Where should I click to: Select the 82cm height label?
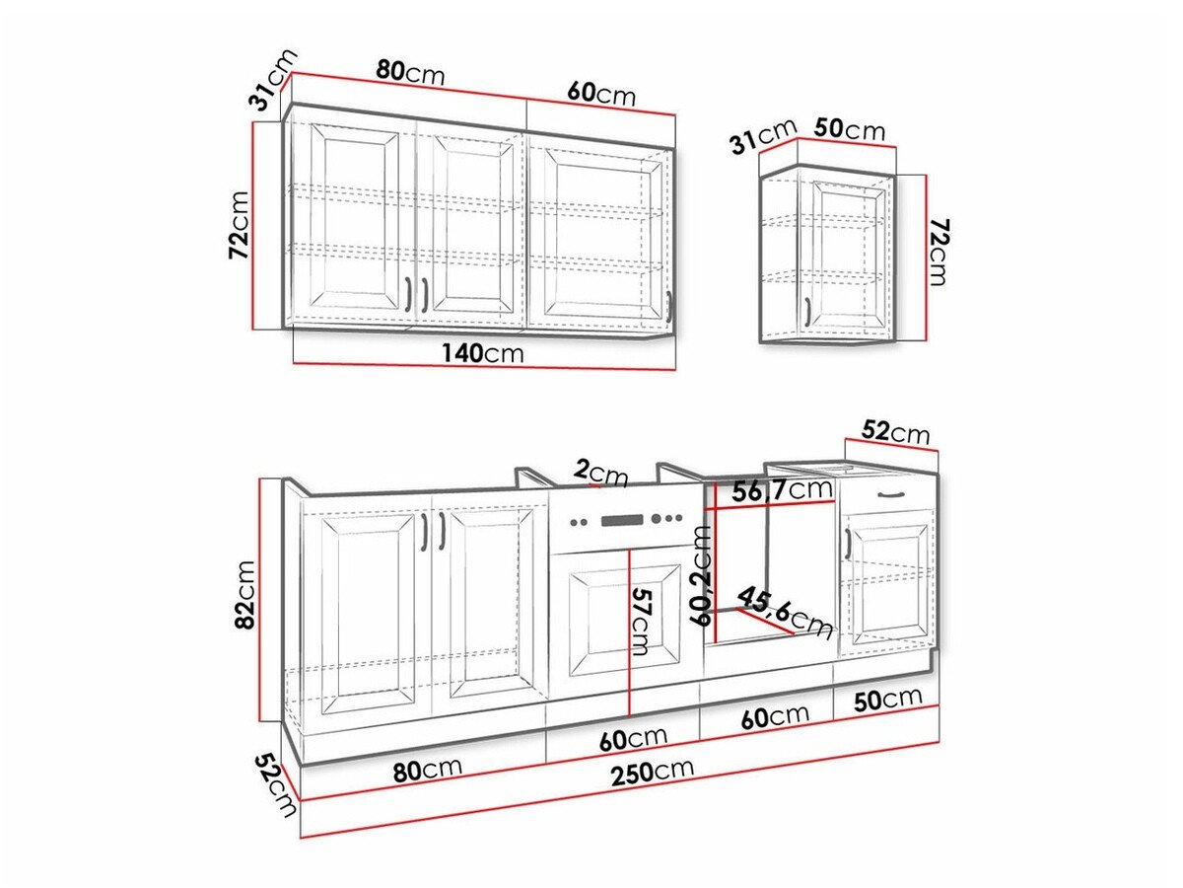pyautogui.click(x=245, y=594)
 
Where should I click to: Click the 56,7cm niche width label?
pyautogui.click(x=783, y=489)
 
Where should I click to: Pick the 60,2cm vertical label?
pyautogui.click(x=701, y=575)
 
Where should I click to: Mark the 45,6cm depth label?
pyautogui.click(x=785, y=612)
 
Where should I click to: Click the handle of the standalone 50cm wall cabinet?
pyautogui.click(x=808, y=311)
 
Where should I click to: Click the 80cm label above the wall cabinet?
pyautogui.click(x=410, y=73)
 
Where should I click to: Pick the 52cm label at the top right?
pyautogui.click(x=895, y=432)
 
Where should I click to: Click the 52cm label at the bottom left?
pyautogui.click(x=274, y=785)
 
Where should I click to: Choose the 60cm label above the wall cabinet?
pyautogui.click(x=601, y=94)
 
